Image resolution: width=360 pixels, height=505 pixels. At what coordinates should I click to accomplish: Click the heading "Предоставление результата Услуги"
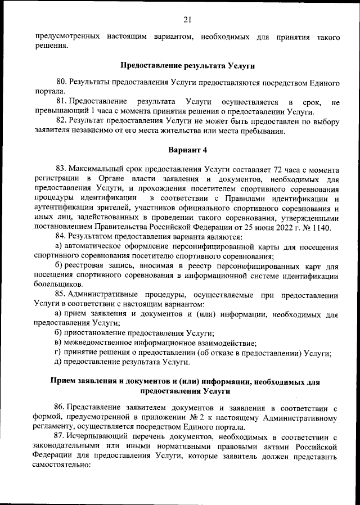pos(179,66)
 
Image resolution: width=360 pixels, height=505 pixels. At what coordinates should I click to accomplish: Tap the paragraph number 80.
pos(62,83)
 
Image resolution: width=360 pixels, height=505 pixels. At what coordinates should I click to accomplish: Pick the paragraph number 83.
pos(62,169)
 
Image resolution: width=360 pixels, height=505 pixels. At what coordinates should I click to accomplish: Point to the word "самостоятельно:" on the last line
pos(62,466)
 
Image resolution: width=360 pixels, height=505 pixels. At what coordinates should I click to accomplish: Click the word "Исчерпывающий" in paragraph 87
pos(100,436)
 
